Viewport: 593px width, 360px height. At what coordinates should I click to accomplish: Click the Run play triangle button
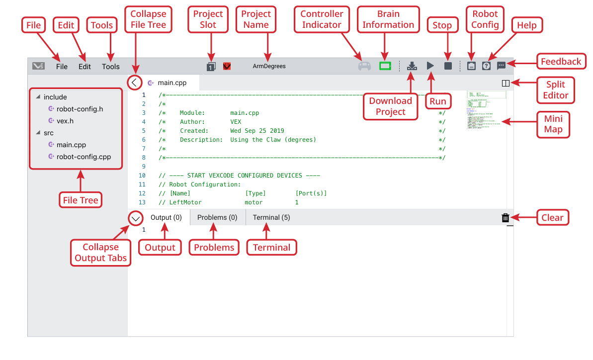pos(430,66)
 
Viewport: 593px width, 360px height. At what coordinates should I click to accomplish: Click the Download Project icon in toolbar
pos(412,66)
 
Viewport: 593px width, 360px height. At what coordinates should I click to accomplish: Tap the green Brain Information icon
pos(385,66)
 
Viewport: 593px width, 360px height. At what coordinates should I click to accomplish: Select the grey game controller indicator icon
pos(364,66)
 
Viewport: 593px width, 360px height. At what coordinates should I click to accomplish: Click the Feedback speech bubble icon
pos(502,66)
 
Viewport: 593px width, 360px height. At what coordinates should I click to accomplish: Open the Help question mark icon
pos(486,66)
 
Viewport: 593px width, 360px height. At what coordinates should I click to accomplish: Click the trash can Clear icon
pos(506,217)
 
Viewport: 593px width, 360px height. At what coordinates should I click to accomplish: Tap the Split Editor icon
pos(506,83)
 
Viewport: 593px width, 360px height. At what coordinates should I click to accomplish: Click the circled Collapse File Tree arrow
pos(135,83)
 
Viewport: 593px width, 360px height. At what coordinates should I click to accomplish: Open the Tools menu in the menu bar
pos(111,66)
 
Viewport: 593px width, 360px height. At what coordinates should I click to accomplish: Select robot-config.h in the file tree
pos(80,109)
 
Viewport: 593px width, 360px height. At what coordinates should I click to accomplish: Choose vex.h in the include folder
pos(65,121)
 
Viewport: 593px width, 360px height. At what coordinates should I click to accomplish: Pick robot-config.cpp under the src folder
pos(84,157)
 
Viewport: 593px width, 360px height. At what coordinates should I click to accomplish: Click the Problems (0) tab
pos(217,217)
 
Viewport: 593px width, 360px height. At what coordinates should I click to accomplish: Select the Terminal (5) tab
pos(271,217)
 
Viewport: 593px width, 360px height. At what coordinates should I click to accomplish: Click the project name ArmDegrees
pos(269,66)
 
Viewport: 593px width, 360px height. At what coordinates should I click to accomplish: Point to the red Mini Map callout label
pos(553,124)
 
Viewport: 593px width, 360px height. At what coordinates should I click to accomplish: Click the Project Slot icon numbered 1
pos(211,66)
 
